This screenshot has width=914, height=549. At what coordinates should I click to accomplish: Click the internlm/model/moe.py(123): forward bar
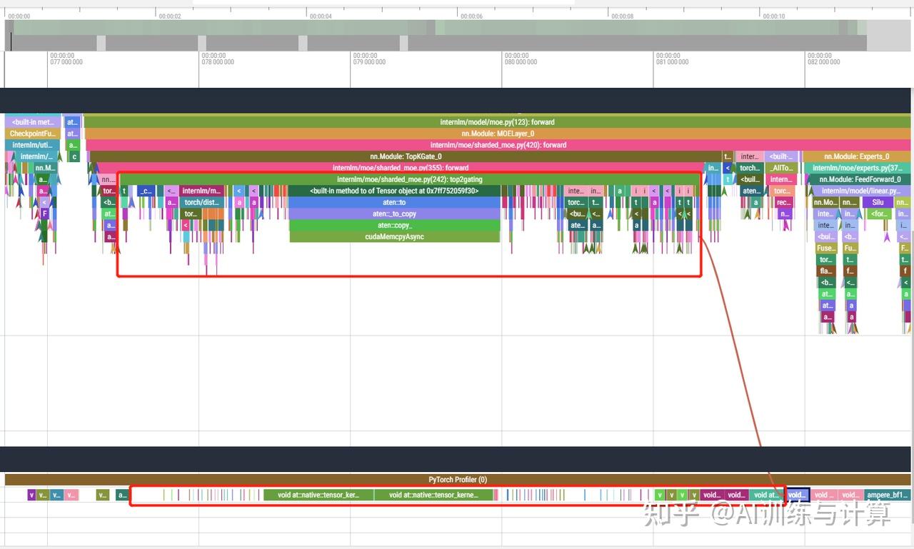tap(497, 122)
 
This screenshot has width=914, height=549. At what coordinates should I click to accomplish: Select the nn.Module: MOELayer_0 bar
tap(497, 134)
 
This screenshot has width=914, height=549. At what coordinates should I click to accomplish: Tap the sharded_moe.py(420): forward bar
tap(498, 145)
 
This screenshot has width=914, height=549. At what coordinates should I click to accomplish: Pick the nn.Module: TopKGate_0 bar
tap(406, 156)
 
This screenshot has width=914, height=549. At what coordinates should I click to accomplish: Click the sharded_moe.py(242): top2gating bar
tap(409, 179)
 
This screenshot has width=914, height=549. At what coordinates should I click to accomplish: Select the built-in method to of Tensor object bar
tap(394, 191)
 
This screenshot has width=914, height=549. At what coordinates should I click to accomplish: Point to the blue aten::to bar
tap(394, 202)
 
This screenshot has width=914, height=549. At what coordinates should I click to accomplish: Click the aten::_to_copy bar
tap(394, 213)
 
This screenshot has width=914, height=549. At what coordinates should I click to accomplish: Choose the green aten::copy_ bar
tap(394, 225)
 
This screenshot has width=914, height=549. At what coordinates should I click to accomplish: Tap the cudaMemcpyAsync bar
tap(394, 236)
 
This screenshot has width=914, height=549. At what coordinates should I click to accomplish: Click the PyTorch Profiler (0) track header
tap(457, 480)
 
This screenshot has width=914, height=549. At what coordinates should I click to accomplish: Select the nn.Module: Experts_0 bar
tap(856, 156)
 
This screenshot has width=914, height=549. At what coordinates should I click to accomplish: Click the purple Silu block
tap(878, 202)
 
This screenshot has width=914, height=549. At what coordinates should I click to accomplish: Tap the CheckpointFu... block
tap(33, 134)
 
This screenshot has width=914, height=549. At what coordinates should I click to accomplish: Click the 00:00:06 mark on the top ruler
tap(471, 16)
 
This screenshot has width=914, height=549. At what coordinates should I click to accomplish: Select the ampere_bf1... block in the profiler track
tap(887, 495)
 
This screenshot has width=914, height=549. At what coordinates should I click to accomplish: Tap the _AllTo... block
tap(782, 168)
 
